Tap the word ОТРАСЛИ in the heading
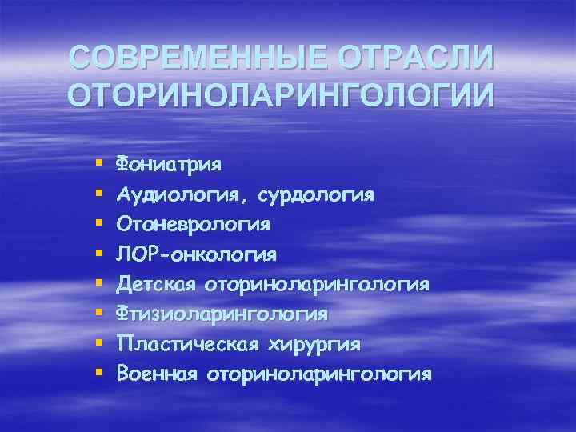[416, 58]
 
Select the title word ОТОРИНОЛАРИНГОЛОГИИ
[282, 95]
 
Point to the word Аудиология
[171, 195]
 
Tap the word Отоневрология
[193, 225]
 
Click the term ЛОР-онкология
[196, 255]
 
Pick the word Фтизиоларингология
[222, 314]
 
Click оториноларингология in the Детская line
[318, 285]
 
